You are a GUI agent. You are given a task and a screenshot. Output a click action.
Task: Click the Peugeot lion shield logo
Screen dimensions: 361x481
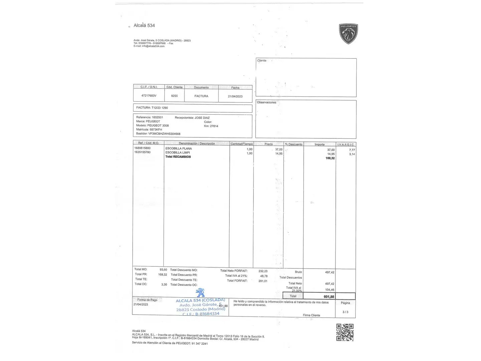tap(348, 34)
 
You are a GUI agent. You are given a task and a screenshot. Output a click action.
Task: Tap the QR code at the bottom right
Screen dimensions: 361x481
tap(345, 332)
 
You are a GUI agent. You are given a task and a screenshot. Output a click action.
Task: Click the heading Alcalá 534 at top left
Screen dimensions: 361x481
tap(144, 25)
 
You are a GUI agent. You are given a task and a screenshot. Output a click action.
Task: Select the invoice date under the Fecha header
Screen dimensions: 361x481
tap(235, 96)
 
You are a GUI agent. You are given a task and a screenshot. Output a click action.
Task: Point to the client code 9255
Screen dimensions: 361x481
tap(174, 96)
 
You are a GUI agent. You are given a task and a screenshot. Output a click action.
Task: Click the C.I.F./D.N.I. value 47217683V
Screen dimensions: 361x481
tap(149, 96)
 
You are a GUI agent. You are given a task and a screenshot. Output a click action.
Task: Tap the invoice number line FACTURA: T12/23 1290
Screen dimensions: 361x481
tap(152, 108)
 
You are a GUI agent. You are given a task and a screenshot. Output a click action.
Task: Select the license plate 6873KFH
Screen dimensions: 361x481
tap(155, 130)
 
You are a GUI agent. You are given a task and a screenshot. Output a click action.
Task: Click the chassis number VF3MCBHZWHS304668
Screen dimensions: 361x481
tap(164, 134)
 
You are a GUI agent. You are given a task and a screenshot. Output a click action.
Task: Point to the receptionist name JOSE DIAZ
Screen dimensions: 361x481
tap(202, 118)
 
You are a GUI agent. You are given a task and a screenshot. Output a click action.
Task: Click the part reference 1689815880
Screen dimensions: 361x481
tap(142, 148)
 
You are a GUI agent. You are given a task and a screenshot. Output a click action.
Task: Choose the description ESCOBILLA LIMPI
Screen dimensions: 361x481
tap(178, 152)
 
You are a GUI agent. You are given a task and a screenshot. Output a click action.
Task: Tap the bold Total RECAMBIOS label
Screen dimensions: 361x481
tap(178, 157)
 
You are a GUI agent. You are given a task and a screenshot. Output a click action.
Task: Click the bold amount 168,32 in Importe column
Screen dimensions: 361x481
tap(330, 158)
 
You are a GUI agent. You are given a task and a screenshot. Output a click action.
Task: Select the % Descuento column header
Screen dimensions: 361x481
tap(294, 144)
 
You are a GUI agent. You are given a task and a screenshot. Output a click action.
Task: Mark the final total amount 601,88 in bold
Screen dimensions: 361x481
tap(329, 297)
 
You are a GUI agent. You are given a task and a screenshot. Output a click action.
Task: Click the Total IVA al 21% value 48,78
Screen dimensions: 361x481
tap(264, 276)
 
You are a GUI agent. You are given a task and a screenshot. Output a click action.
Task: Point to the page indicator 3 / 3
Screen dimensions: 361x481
tap(345, 312)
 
